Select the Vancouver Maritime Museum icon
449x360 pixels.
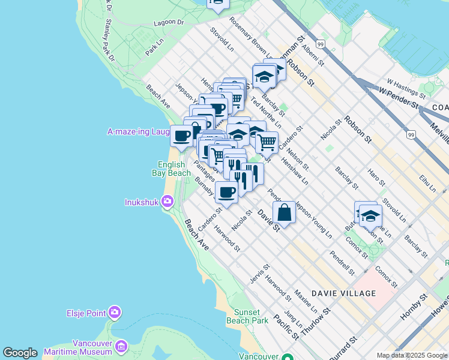(x=122, y=346)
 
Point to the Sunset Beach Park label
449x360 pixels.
(x=247, y=316)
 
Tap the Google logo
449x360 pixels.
(x=20, y=353)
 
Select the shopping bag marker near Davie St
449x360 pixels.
(x=285, y=212)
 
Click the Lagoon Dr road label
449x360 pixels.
(x=168, y=22)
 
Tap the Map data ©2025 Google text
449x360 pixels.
(x=412, y=355)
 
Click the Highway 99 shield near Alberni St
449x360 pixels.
(x=321, y=44)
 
